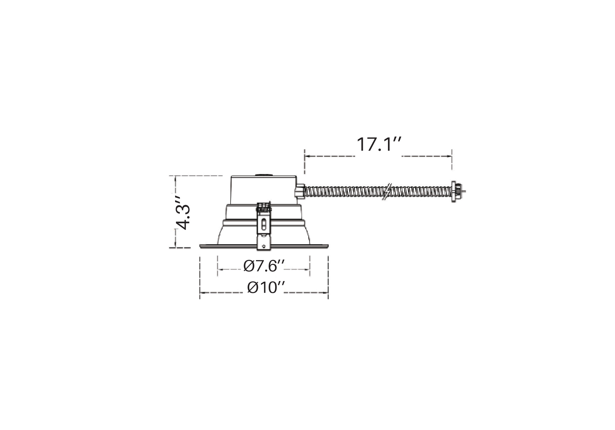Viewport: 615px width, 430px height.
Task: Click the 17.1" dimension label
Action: click(379, 144)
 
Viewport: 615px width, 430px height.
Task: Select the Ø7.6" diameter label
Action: click(264, 266)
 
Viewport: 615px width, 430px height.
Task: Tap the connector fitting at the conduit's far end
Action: click(456, 192)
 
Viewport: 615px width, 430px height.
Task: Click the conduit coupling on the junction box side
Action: click(300, 190)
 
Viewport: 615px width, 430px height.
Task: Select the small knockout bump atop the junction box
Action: click(264, 175)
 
